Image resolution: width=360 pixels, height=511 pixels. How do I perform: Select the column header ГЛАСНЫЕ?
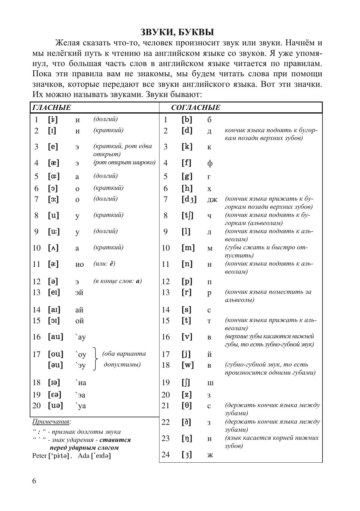[x=52, y=108]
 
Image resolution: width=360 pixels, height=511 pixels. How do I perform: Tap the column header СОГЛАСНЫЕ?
[x=196, y=108]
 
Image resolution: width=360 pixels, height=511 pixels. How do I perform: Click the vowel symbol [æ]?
[x=54, y=163]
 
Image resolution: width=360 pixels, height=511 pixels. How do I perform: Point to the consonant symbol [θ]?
[x=186, y=406]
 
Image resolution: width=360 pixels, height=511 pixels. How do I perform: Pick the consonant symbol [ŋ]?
[x=186, y=438]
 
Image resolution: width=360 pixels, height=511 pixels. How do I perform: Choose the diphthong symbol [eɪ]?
[x=54, y=292]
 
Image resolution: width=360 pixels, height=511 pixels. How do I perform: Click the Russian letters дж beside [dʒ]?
[x=212, y=199]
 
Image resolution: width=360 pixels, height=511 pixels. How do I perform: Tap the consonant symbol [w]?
[x=188, y=365]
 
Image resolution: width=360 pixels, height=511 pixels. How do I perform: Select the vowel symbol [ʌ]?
[x=53, y=248]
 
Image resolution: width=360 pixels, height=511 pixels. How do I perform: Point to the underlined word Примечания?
[x=51, y=421]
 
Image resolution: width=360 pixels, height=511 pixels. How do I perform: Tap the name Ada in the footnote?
[x=83, y=456]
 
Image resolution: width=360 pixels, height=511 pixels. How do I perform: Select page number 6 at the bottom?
[x=34, y=481]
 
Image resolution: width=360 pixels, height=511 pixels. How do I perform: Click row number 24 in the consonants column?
[x=165, y=455]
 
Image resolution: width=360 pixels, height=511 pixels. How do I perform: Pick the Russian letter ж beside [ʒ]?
[x=210, y=455]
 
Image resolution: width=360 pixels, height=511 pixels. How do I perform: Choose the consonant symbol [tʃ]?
[x=188, y=215]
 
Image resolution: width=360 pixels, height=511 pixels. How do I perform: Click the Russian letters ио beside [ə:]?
[x=80, y=265]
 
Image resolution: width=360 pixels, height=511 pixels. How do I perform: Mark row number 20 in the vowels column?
[x=36, y=406]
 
